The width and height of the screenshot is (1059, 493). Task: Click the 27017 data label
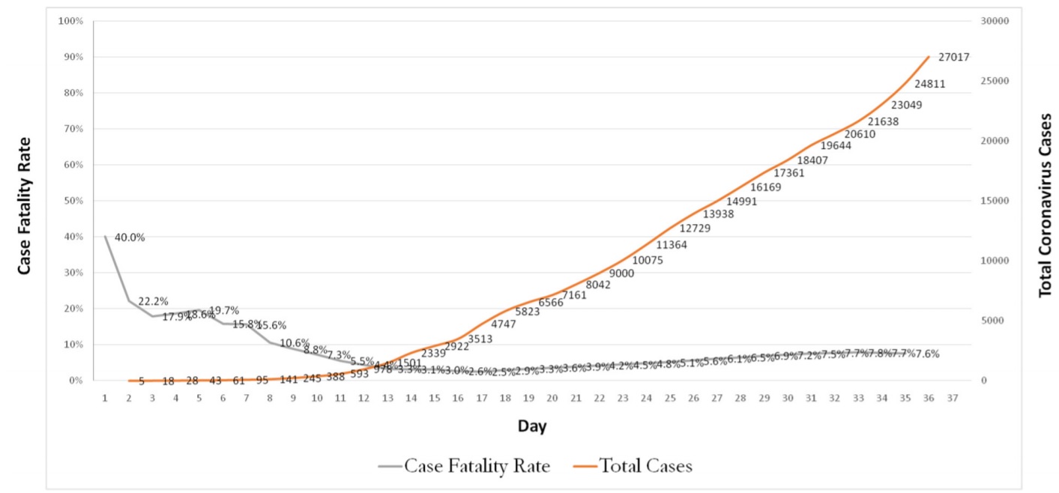click(x=953, y=57)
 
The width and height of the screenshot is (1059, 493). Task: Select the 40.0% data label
click(x=130, y=238)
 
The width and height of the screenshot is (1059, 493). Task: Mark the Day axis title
click(x=532, y=426)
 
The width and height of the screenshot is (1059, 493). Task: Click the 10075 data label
click(x=648, y=261)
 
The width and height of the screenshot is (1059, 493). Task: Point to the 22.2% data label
click(x=153, y=301)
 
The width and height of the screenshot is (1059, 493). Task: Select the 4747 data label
click(x=504, y=324)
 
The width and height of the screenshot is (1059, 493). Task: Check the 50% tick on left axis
click(x=72, y=201)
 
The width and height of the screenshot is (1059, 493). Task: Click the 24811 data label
click(x=929, y=84)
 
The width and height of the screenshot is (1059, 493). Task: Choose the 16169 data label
click(x=765, y=187)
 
